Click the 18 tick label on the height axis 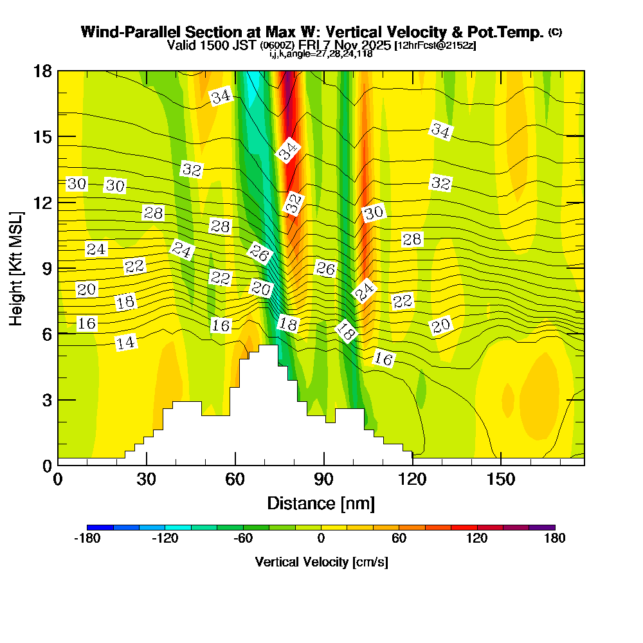click(x=42, y=71)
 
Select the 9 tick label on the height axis click(x=46, y=268)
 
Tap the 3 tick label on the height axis click(x=46, y=399)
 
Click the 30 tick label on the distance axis click(x=147, y=480)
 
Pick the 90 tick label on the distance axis click(x=323, y=480)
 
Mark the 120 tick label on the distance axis click(x=412, y=480)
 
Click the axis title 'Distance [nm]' click(x=321, y=503)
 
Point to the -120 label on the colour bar click(x=165, y=539)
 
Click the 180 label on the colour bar click(x=554, y=539)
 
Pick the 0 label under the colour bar click(x=321, y=539)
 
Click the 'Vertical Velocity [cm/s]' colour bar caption click(x=321, y=562)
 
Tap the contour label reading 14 click(x=125, y=343)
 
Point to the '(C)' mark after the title click(x=555, y=32)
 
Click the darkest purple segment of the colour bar click(x=541, y=527)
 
